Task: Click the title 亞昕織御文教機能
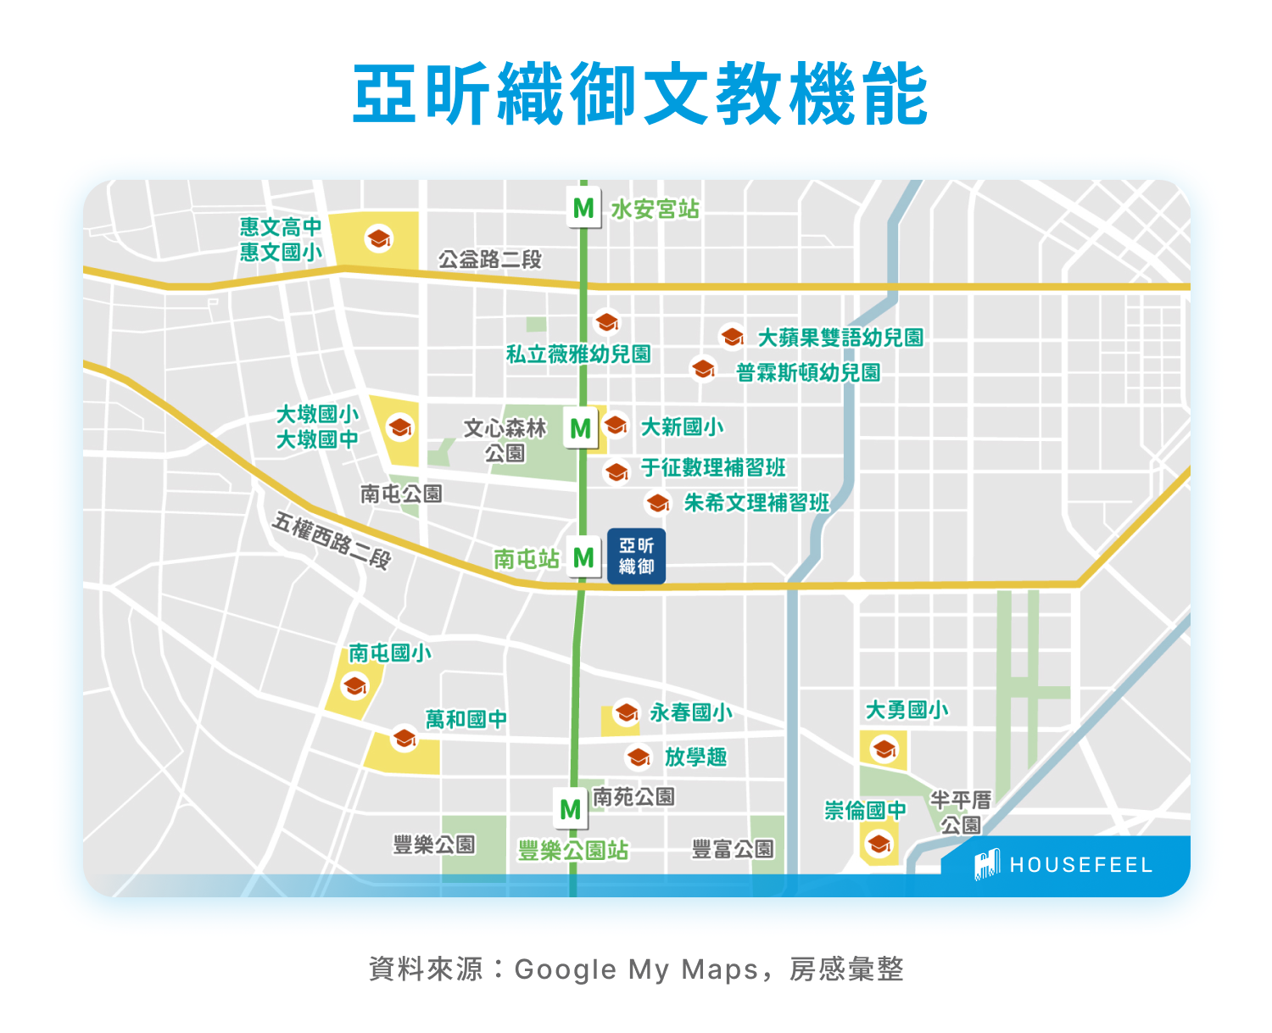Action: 639,94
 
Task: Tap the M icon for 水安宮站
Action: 583,208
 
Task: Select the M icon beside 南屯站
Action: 583,557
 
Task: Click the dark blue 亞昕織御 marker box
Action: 636,556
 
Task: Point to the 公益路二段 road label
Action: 489,260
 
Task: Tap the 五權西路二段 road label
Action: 331,540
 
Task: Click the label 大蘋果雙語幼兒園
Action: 840,338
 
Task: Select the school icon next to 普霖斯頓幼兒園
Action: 703,369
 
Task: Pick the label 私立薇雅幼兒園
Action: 578,355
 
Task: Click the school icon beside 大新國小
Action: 616,424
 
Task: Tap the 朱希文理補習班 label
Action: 756,503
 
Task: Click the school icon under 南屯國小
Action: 354,685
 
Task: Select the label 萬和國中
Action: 466,719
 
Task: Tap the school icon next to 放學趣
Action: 639,756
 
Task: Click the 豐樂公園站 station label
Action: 573,851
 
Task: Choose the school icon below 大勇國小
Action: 884,750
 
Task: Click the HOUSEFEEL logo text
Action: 1080,865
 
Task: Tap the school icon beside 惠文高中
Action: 378,238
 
